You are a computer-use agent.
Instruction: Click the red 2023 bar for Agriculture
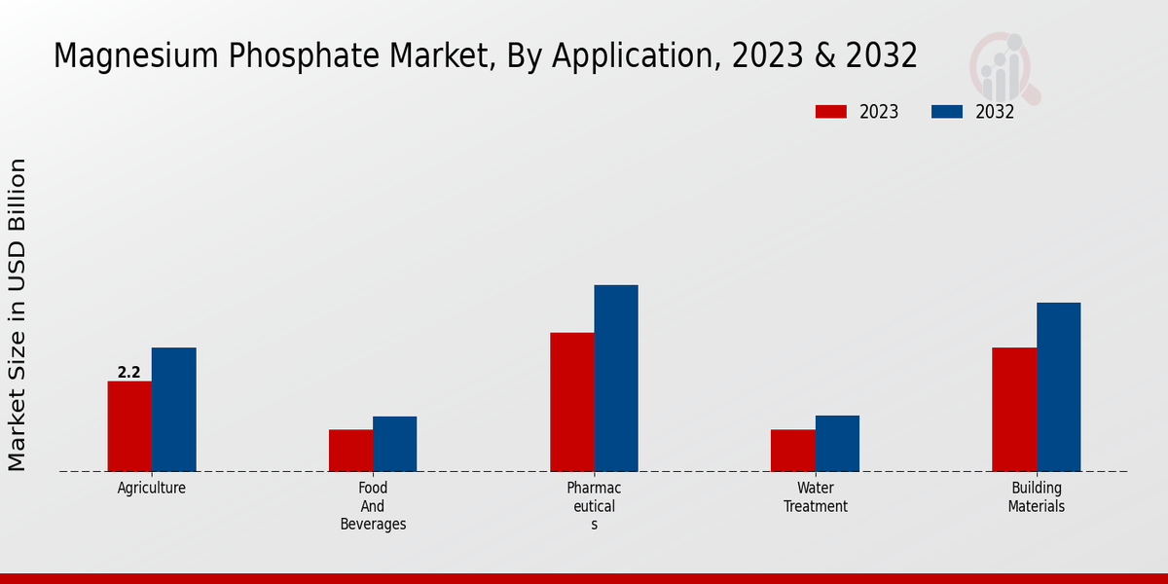(x=129, y=426)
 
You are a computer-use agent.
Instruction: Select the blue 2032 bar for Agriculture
(x=173, y=410)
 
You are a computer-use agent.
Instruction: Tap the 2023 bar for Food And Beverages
(x=350, y=451)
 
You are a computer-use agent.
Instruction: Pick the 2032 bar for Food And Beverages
(x=394, y=444)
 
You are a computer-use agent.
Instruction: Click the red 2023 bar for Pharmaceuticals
(x=572, y=402)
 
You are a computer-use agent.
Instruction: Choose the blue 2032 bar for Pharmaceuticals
(x=616, y=379)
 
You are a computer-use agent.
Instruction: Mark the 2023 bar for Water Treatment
(x=793, y=451)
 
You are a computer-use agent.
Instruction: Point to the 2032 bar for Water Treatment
(x=837, y=444)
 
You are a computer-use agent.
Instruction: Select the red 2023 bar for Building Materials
(x=1014, y=410)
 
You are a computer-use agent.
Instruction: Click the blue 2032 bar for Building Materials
(x=1058, y=387)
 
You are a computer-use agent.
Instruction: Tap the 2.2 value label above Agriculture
(x=129, y=373)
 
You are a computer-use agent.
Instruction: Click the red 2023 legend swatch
(x=831, y=112)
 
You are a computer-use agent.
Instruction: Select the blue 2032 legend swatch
(x=947, y=112)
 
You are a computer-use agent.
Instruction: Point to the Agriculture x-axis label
(x=152, y=489)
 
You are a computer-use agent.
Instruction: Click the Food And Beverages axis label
(x=373, y=506)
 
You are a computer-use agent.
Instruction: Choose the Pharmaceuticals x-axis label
(x=594, y=506)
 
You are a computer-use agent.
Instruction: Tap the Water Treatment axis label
(x=816, y=497)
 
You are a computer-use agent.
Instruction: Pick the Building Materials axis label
(x=1037, y=497)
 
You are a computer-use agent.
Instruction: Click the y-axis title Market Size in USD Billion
(x=18, y=314)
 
